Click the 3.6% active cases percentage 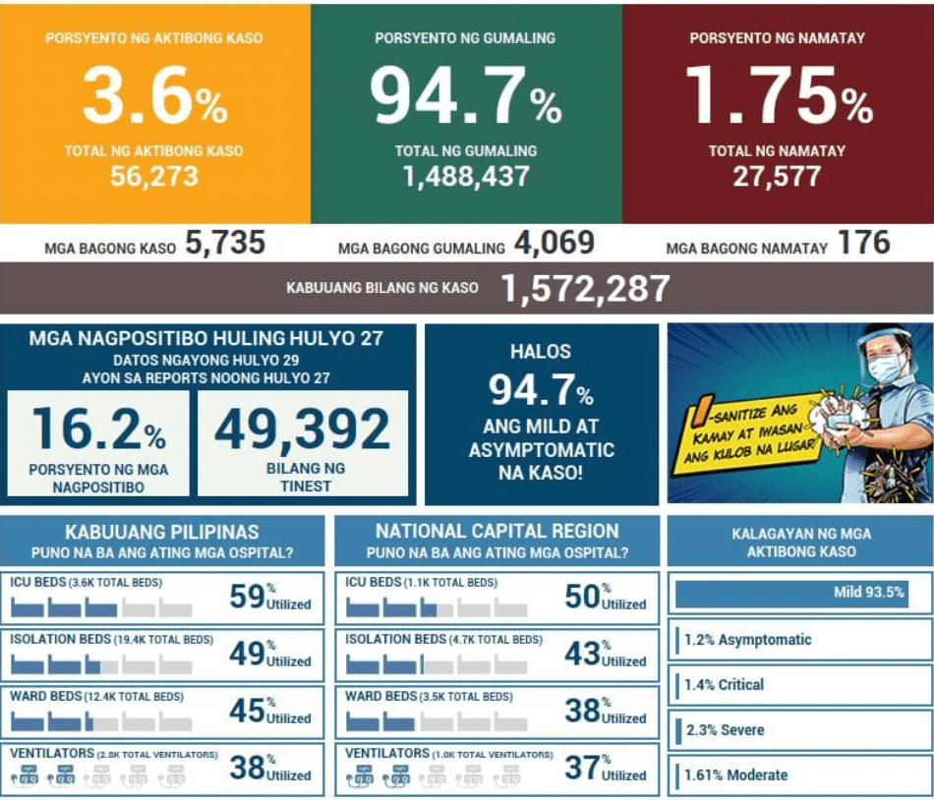(154, 96)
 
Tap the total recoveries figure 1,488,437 (466, 176)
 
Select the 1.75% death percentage (778, 96)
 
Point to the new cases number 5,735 (224, 244)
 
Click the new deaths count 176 (863, 243)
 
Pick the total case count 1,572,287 (585, 288)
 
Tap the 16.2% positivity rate (98, 429)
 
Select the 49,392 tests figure (302, 429)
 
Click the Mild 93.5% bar (790, 593)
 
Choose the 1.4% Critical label (724, 685)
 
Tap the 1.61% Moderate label (735, 775)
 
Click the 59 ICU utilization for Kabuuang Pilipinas (247, 596)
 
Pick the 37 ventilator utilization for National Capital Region (582, 767)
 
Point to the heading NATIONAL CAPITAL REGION (496, 532)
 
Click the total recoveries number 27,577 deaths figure (777, 176)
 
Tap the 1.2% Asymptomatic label (747, 640)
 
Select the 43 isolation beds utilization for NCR (582, 653)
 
